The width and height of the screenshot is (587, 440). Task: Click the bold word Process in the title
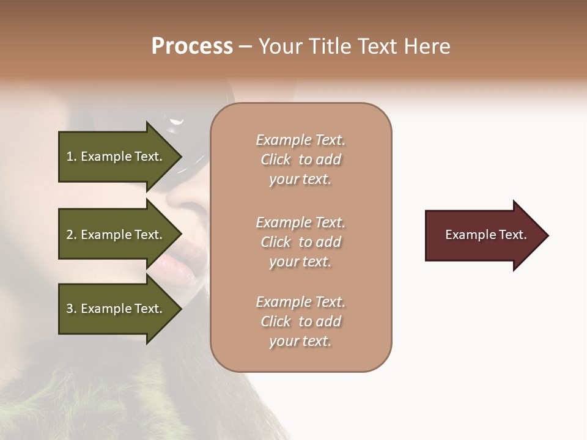point(192,46)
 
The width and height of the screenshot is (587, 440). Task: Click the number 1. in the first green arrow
point(72,156)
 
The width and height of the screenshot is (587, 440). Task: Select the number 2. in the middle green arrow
point(72,235)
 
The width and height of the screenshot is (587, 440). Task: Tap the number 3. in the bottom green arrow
point(72,309)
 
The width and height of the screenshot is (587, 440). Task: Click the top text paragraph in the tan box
point(300,159)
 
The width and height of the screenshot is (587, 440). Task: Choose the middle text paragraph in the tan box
point(300,242)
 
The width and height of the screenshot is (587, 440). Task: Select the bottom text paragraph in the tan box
point(300,321)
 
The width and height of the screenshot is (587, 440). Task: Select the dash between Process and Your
point(246,47)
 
